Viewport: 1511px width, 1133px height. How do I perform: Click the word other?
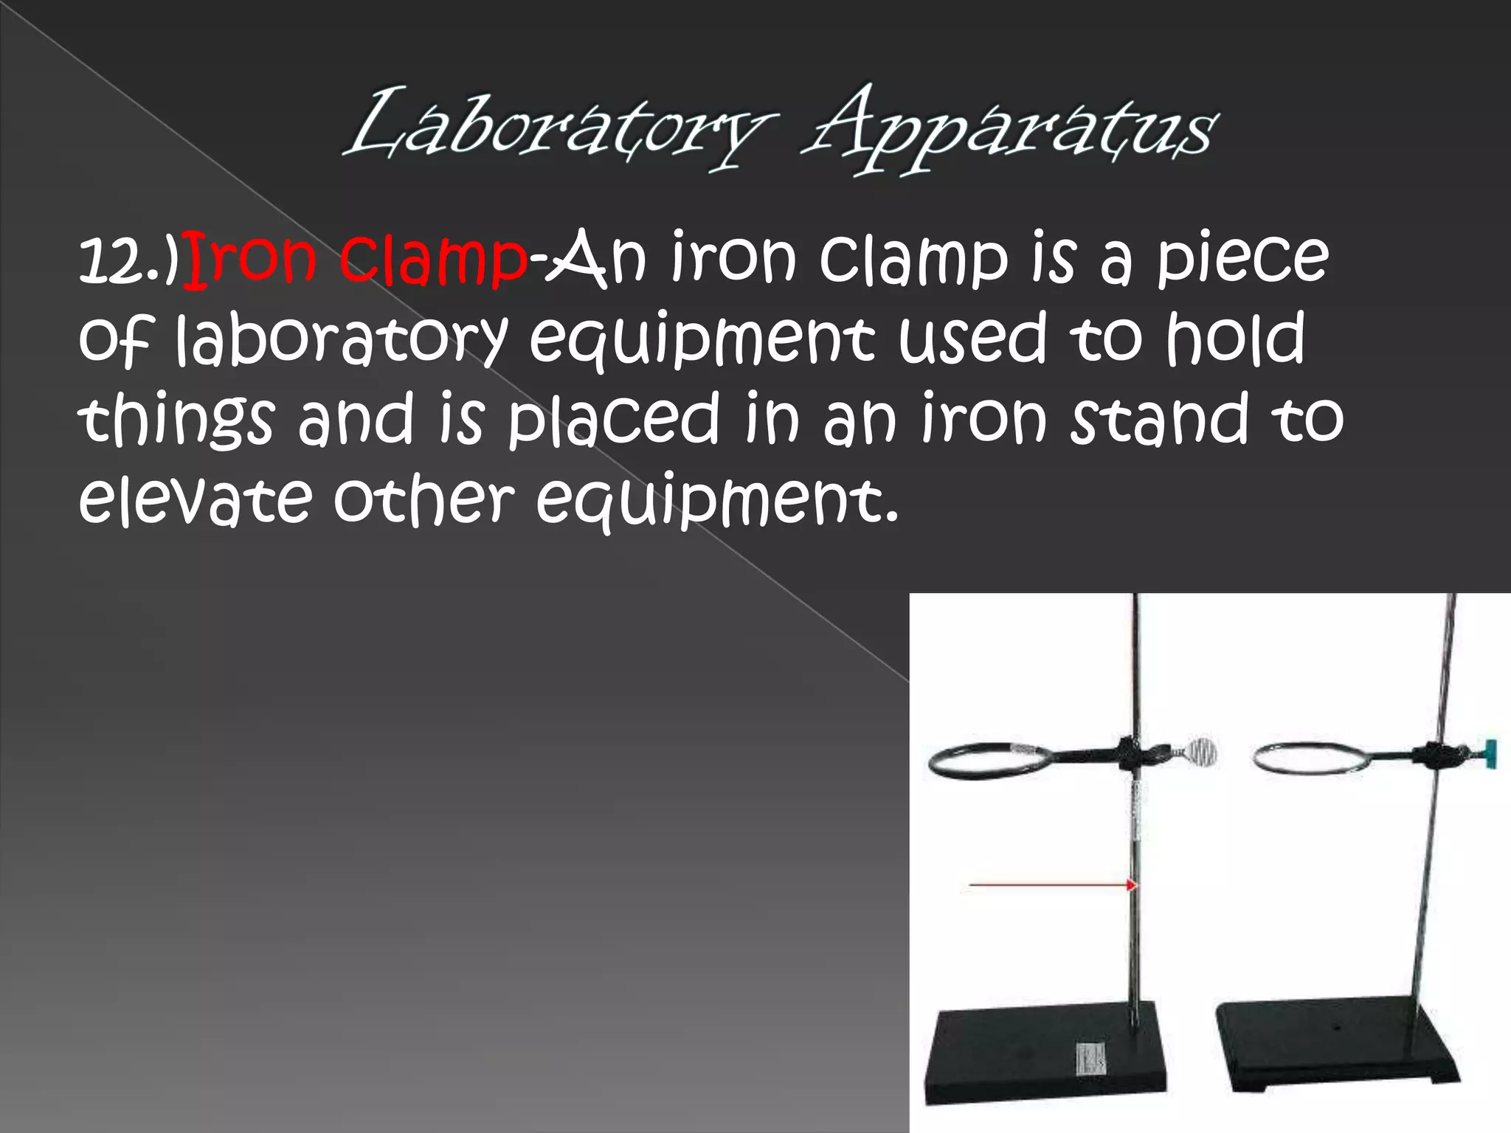[x=423, y=500]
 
